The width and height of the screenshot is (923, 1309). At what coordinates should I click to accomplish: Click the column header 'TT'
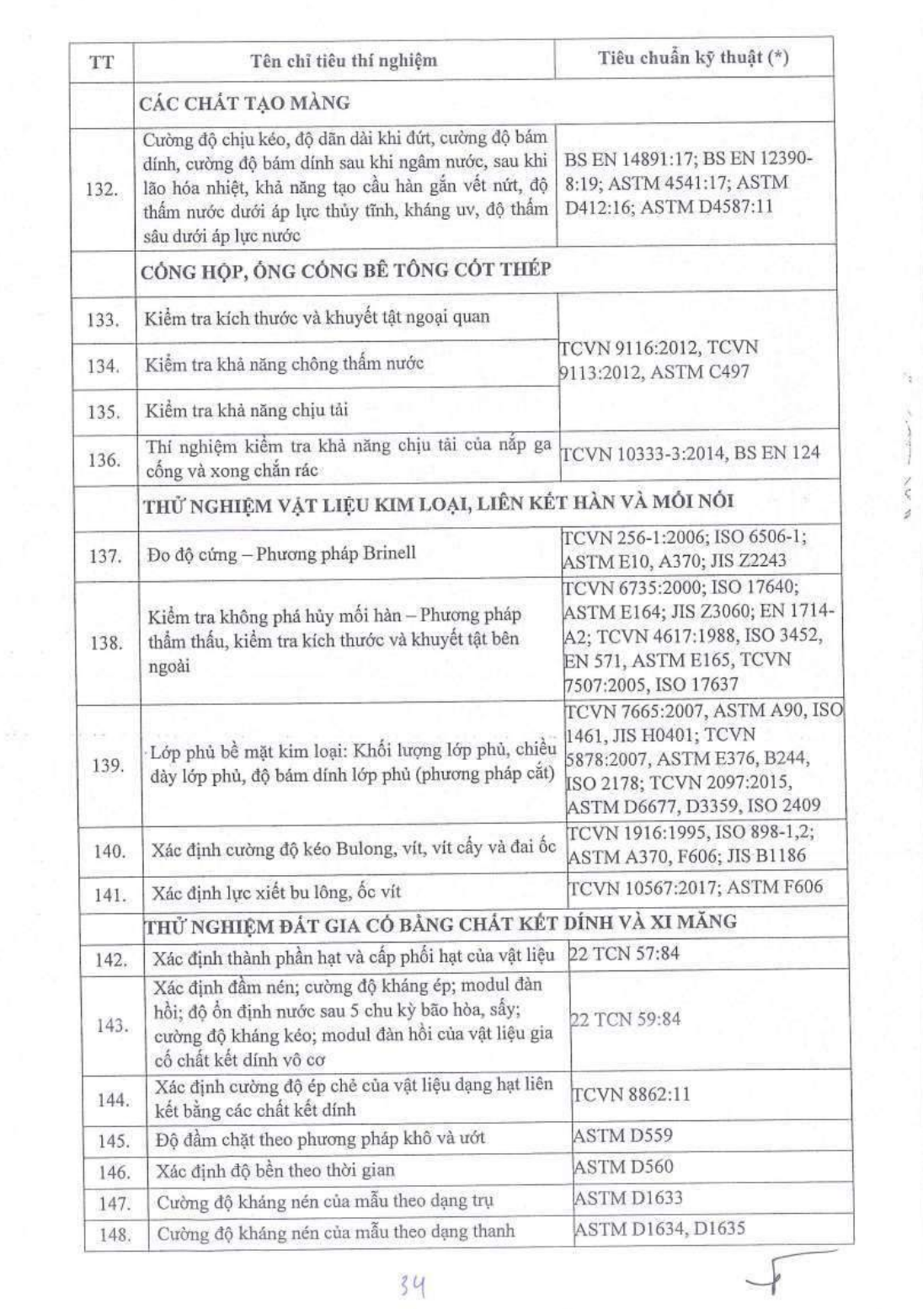pyautogui.click(x=101, y=61)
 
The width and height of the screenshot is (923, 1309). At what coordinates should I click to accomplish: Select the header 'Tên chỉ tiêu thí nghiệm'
pyautogui.click(x=344, y=60)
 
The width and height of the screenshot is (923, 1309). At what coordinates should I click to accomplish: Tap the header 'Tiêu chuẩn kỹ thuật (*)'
pyautogui.click(x=693, y=58)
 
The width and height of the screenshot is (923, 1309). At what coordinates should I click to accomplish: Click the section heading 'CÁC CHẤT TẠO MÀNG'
pyautogui.click(x=245, y=104)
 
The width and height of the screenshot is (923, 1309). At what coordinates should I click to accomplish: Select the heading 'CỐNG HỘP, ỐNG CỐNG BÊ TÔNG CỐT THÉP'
pyautogui.click(x=346, y=270)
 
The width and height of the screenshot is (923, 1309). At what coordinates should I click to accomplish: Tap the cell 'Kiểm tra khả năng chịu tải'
pyautogui.click(x=247, y=411)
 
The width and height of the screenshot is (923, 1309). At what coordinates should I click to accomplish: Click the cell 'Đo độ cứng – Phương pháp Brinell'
pyautogui.click(x=280, y=554)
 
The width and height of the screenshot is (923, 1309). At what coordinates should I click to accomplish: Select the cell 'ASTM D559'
pyautogui.click(x=622, y=1135)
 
